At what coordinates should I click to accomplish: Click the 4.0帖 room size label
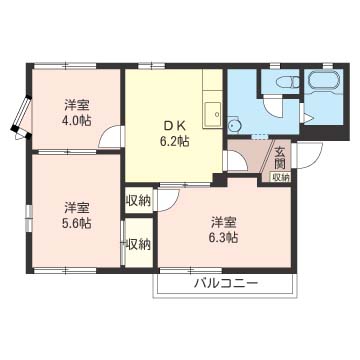point(76,120)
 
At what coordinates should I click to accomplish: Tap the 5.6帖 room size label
point(76,223)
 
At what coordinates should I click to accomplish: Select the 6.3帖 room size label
point(223,237)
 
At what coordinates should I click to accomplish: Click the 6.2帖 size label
point(175,142)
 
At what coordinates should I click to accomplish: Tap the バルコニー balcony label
point(226,284)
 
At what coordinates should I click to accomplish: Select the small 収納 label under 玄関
point(281,177)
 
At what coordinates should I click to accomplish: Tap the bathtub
point(324,81)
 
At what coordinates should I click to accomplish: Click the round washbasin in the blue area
point(233,125)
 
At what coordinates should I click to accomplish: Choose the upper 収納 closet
point(139,201)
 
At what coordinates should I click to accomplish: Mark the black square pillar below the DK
point(219,180)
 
